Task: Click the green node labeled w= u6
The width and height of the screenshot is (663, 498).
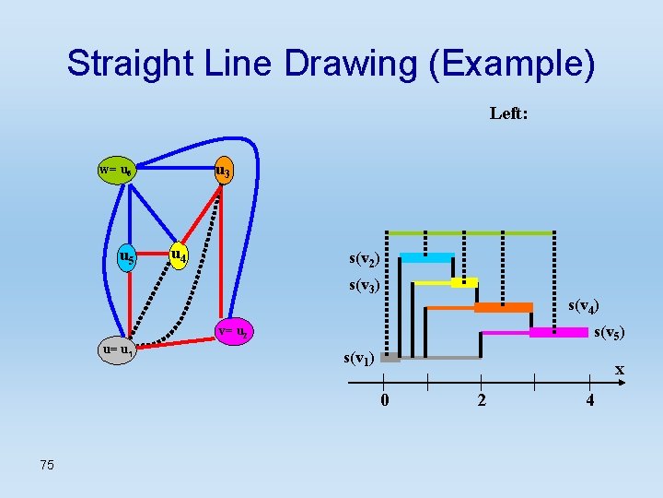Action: [x=117, y=172]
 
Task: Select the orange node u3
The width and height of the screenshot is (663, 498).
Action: [x=223, y=172]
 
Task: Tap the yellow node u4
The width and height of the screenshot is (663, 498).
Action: [x=179, y=255]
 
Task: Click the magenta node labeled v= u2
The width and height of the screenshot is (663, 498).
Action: [x=231, y=331]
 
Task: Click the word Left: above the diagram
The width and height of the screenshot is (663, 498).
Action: [x=508, y=113]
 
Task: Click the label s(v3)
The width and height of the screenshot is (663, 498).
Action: [x=366, y=285]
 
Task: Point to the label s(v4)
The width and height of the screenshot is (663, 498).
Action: [x=585, y=305]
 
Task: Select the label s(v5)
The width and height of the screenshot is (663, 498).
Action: [x=611, y=332]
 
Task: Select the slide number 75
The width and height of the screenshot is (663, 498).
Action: [x=47, y=465]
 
